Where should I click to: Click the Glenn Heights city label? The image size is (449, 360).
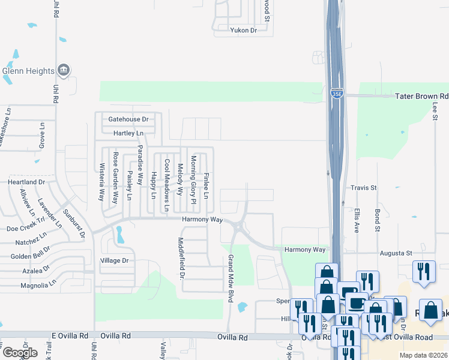[28, 70]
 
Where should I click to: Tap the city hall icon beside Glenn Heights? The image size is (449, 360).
[63, 70]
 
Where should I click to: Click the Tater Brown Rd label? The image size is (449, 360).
[422, 96]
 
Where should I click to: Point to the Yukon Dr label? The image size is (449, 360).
[243, 30]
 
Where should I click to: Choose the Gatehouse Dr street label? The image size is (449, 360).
[128, 119]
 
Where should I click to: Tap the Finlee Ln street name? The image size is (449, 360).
[206, 186]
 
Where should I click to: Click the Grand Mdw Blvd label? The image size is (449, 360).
[229, 278]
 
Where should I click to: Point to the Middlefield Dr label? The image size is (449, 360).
[181, 258]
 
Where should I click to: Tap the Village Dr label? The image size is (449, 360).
[114, 260]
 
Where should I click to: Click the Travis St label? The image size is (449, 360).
[364, 188]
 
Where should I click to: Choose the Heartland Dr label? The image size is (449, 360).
[26, 182]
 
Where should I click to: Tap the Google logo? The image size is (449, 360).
[20, 353]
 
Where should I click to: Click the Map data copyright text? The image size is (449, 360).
[424, 355]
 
